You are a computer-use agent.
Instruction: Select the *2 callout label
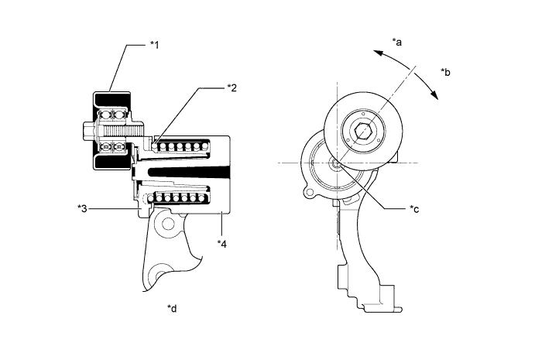tap(232, 88)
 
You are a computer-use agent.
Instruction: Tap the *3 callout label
tap(82, 207)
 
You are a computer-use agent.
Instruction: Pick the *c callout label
tap(415, 209)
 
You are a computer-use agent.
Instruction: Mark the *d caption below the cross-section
tap(172, 308)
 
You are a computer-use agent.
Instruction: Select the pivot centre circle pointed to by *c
tap(338, 163)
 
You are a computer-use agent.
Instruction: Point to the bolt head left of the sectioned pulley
tap(84, 129)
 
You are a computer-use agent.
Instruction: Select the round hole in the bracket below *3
tap(167, 225)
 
